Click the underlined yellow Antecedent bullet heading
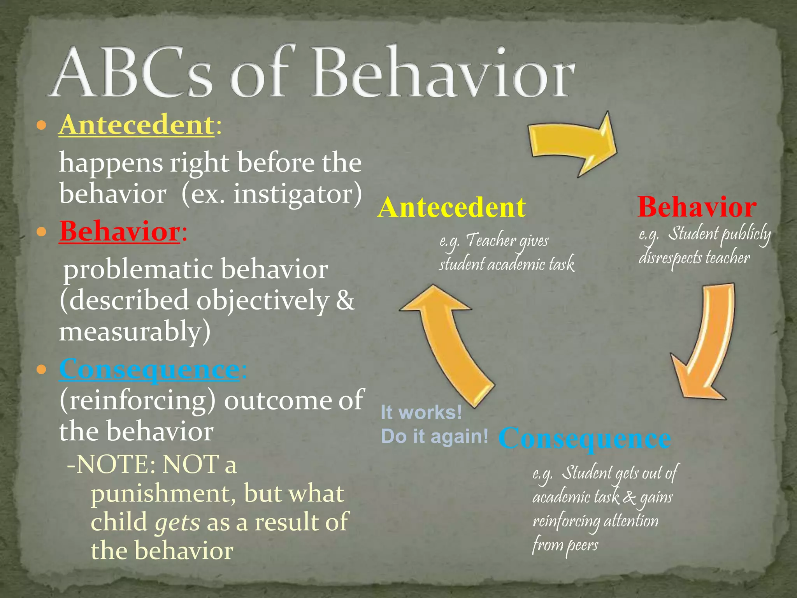(x=136, y=125)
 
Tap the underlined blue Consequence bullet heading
(x=149, y=369)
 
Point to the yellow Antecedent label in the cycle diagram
(x=451, y=207)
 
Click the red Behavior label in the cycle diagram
(x=697, y=207)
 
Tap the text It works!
(x=421, y=412)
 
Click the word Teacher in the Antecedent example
(x=490, y=241)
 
